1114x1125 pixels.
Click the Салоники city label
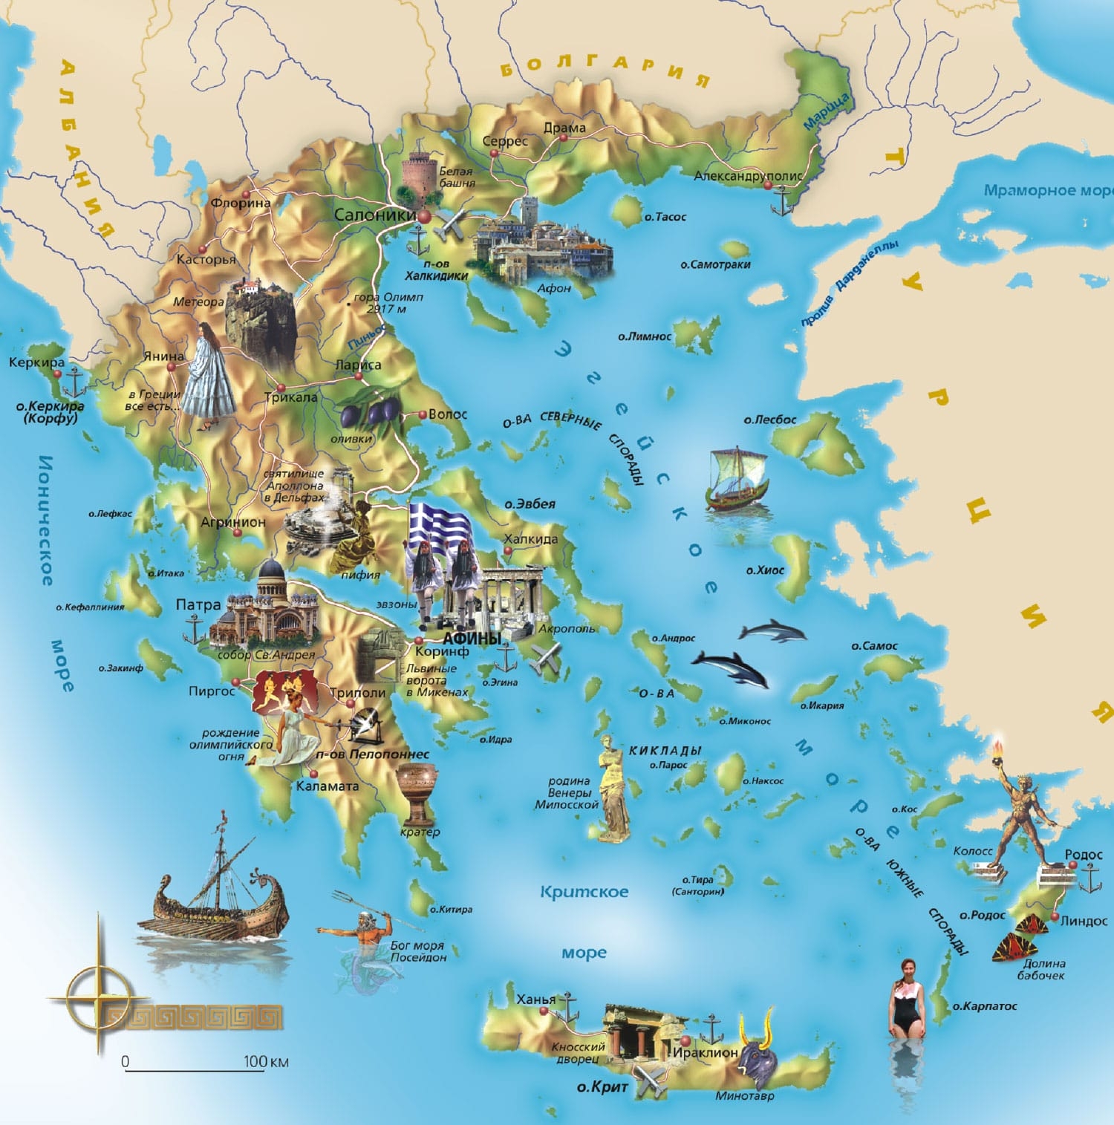click(x=375, y=215)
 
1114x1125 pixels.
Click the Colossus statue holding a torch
click(x=1028, y=813)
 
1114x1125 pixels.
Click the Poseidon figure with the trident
click(x=364, y=939)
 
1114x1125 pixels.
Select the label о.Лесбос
click(x=770, y=420)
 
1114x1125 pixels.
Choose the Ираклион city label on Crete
click(x=705, y=1052)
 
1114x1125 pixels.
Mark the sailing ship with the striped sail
click(x=738, y=479)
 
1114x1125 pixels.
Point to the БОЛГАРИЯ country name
click(x=603, y=68)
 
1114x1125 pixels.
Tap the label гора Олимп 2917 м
click(x=388, y=302)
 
